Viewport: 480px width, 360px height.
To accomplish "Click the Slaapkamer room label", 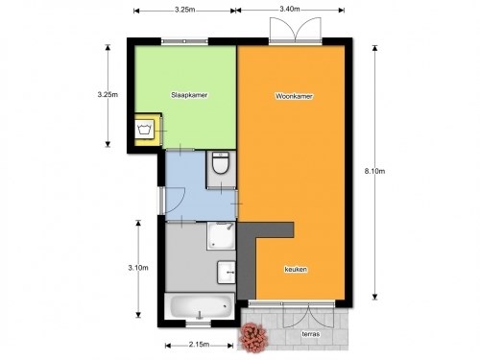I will [x=189, y=96].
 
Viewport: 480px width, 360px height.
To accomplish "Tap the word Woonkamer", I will [x=295, y=97].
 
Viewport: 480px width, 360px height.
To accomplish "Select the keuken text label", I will [x=295, y=270].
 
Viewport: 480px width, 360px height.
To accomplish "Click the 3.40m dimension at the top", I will [x=290, y=10].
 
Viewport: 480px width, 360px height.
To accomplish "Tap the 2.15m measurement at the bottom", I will [x=200, y=345].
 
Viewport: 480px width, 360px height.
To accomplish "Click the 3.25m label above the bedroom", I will [x=186, y=10].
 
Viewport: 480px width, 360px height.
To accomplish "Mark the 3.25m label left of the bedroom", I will [x=108, y=95].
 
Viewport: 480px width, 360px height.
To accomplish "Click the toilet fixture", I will [x=220, y=166].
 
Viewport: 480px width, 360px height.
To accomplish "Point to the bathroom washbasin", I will [x=226, y=272].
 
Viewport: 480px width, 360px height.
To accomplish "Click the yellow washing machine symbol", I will [x=147, y=129].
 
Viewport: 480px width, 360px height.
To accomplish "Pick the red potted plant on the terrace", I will [x=253, y=336].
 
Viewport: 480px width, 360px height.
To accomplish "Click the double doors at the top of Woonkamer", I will [x=292, y=32].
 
